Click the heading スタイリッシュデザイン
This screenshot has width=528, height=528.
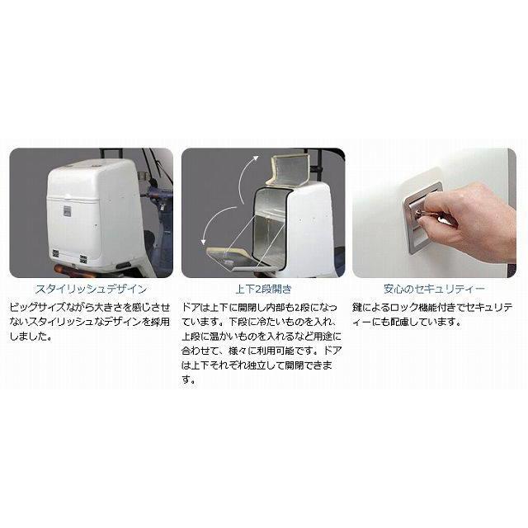91,290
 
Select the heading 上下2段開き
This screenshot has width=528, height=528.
263,290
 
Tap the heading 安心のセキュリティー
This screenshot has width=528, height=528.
435,289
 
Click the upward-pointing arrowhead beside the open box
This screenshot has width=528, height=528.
256,158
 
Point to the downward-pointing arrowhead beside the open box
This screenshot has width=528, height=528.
204,241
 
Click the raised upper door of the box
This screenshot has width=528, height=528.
288,169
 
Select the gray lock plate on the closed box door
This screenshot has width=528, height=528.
66,211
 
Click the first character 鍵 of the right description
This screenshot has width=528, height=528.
357,307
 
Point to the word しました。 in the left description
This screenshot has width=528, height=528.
31,337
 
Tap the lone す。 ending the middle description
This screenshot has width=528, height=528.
189,380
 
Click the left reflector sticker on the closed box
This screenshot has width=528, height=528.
55,253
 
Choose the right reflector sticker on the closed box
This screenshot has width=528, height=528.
83,258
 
